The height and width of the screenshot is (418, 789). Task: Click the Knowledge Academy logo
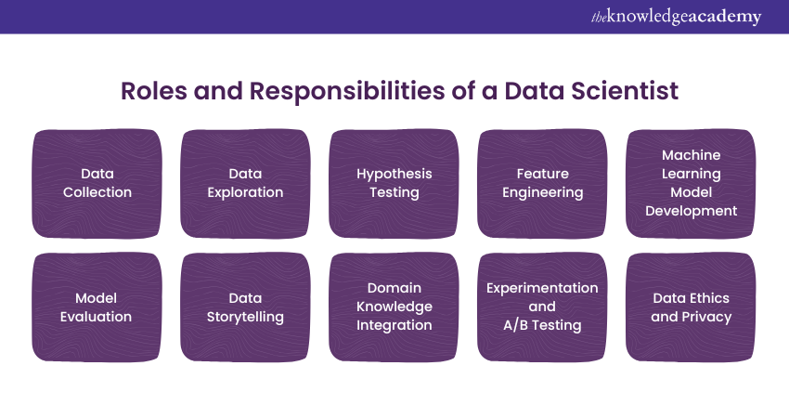point(677,17)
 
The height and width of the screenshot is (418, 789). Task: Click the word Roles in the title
point(154,91)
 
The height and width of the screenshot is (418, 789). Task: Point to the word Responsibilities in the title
point(347,92)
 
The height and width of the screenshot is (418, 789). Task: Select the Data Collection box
point(97,183)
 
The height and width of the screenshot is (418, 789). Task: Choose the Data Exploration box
point(246,183)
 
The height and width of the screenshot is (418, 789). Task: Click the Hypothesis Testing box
point(394,183)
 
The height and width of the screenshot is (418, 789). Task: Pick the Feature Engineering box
point(542,183)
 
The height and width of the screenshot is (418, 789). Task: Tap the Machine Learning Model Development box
point(691,183)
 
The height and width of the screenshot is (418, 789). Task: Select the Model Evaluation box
point(97,307)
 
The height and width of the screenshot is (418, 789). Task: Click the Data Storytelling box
point(246,307)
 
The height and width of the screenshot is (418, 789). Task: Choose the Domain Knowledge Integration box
point(394,307)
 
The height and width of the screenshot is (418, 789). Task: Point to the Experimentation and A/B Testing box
point(542,307)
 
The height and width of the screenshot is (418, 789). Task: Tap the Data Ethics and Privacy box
point(691,307)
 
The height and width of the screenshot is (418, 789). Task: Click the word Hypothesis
point(394,175)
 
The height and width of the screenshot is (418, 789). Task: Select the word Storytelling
point(246,318)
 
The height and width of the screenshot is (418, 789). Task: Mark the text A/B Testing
point(542,325)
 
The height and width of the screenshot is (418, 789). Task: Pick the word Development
point(691,211)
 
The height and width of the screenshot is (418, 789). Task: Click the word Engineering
point(542,193)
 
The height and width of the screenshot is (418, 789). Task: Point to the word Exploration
point(246,193)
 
